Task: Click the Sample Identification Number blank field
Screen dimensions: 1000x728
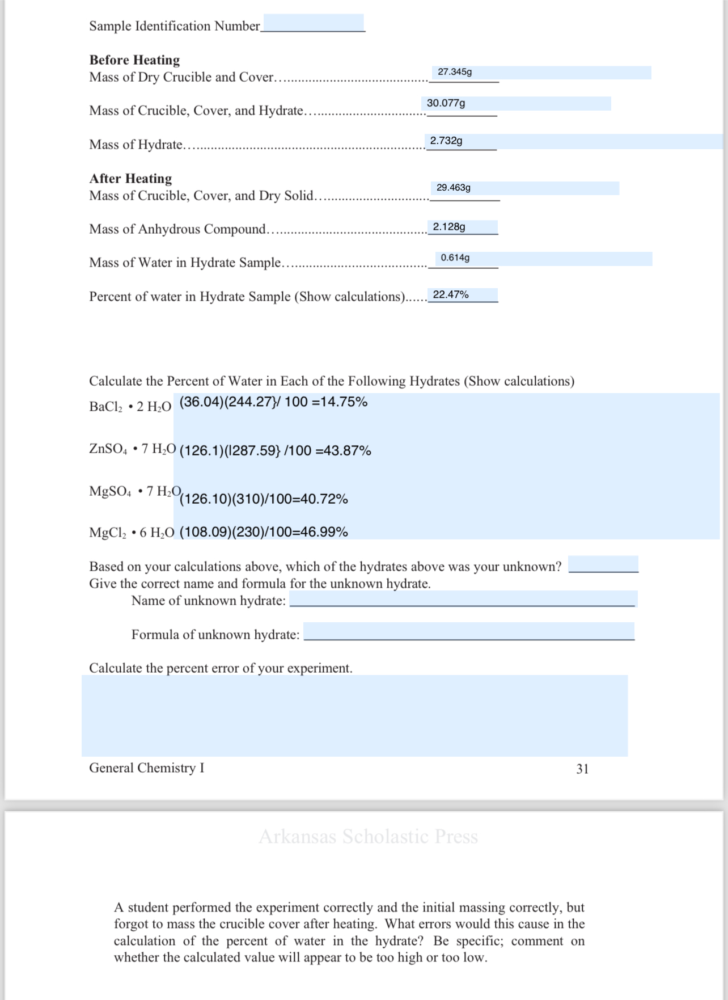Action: (x=314, y=23)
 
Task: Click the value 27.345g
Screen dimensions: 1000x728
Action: (x=455, y=72)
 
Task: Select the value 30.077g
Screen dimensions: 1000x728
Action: (x=446, y=103)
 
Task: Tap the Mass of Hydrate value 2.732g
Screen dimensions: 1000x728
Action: (x=446, y=141)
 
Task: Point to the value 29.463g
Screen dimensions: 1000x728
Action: (x=454, y=188)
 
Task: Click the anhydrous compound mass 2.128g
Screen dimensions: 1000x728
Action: (x=449, y=227)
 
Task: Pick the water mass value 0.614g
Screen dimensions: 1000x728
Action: (x=455, y=258)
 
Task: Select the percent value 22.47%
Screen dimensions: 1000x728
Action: (x=451, y=295)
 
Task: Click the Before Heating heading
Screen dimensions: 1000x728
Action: (x=134, y=60)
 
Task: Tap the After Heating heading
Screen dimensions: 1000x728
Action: (x=130, y=179)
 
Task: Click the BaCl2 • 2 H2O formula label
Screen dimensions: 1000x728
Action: (x=130, y=407)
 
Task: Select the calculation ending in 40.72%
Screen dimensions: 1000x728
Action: (x=264, y=499)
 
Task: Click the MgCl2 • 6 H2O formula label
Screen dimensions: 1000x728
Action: (x=132, y=533)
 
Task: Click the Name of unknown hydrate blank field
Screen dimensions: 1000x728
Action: (x=463, y=599)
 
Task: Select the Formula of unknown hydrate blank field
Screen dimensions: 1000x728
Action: (x=468, y=631)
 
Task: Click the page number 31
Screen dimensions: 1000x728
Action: (x=582, y=769)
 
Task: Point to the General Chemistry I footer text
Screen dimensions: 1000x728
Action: (x=146, y=768)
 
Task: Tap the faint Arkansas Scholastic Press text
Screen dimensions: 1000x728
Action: (x=368, y=837)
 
